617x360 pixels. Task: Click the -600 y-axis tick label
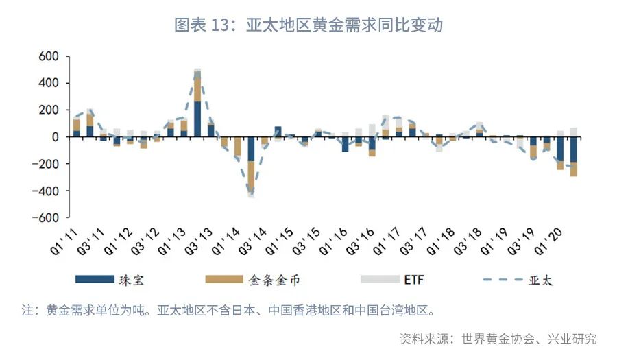tap(46, 217)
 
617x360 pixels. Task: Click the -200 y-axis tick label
tap(46, 164)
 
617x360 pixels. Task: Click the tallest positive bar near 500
tap(197, 103)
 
